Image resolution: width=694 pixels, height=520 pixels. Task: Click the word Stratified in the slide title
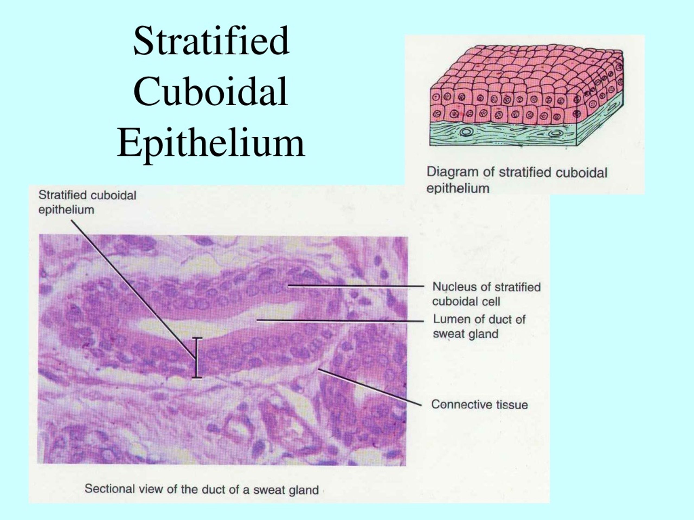click(x=211, y=41)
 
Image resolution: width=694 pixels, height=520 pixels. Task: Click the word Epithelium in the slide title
click(x=211, y=143)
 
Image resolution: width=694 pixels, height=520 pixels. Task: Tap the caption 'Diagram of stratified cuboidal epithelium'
click(x=517, y=180)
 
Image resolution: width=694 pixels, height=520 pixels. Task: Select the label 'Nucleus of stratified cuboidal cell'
click(x=486, y=294)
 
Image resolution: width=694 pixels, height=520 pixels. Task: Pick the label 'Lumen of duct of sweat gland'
click(x=479, y=326)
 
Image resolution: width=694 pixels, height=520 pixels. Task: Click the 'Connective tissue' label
click(x=479, y=404)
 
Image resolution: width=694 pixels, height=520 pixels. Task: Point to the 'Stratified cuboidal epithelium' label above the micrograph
click(x=87, y=202)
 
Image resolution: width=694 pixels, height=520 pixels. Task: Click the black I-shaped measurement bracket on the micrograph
click(x=197, y=358)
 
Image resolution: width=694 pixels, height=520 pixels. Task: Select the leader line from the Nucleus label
click(x=356, y=286)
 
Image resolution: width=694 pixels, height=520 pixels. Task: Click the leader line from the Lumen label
click(x=340, y=321)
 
